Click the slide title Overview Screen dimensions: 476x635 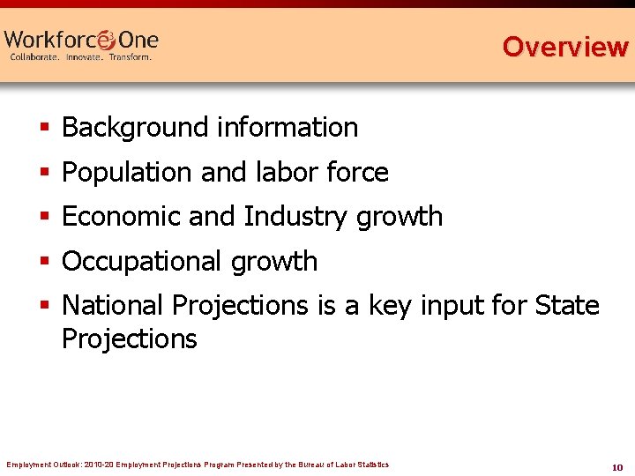point(564,46)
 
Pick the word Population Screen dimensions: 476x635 point(128,173)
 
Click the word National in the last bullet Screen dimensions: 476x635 point(113,306)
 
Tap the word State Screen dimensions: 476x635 point(567,306)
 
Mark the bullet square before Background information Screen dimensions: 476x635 point(45,129)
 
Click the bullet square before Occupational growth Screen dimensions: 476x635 point(45,263)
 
